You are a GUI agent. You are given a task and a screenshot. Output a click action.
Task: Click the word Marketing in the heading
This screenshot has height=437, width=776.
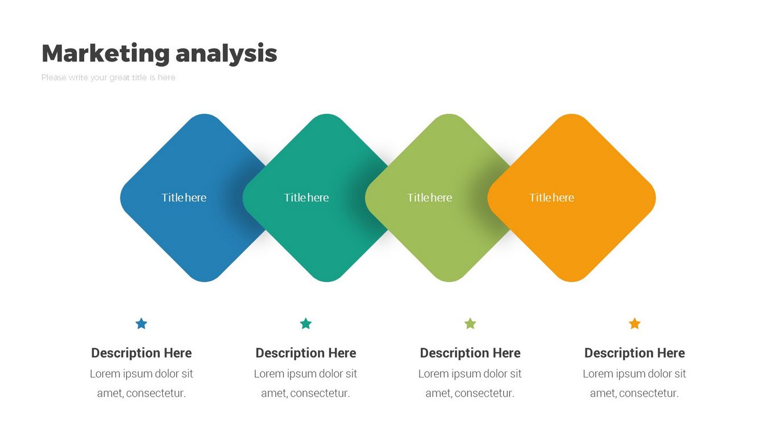pos(106,53)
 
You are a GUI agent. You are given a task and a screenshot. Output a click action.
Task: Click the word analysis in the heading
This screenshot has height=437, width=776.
pos(226,53)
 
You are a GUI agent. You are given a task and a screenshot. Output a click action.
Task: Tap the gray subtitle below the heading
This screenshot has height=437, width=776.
pos(108,77)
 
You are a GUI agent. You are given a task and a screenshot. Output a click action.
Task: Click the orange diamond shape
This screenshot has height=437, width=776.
pos(571,197)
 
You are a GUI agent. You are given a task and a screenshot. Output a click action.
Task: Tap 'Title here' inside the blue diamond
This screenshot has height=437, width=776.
pos(184,197)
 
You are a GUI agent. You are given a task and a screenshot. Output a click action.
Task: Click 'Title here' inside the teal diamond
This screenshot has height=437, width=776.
pos(306,197)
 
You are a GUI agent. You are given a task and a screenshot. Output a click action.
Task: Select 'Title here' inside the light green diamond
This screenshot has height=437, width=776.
pos(430,197)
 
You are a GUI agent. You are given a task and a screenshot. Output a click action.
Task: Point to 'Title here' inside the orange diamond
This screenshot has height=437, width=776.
pos(551,197)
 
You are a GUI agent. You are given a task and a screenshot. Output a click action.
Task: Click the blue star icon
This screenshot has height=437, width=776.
pos(142,323)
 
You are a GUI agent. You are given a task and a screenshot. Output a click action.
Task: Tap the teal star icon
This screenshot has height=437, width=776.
pos(305,323)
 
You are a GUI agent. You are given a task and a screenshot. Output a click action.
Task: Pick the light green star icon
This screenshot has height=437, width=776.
pos(470,323)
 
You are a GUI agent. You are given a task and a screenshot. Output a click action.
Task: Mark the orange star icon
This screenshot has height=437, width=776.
pos(634,323)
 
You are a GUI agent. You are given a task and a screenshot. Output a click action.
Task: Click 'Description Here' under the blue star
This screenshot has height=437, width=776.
pos(142,353)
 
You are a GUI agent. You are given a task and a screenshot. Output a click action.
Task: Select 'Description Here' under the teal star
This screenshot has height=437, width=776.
pos(305,353)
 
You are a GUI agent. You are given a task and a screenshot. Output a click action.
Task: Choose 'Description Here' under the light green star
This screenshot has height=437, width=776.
pos(470,353)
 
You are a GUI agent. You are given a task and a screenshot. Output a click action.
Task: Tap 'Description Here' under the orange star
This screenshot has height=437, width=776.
pos(634,353)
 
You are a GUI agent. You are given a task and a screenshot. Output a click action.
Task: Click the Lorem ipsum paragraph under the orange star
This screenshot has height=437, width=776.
pos(634,384)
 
